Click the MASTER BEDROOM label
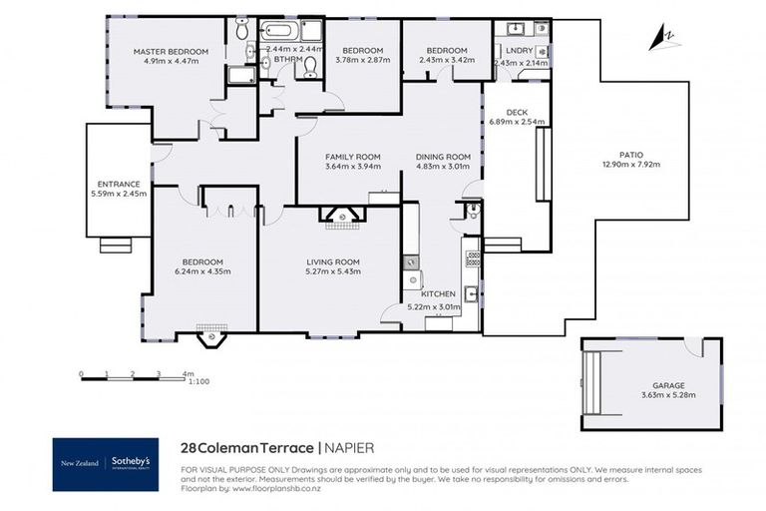[172, 52]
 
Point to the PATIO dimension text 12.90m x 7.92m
[629, 165]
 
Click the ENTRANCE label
[118, 183]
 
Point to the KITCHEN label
[438, 294]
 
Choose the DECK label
[517, 112]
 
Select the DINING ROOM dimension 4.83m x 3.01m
[443, 167]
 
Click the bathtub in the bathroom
[279, 31]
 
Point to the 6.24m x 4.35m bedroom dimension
[201, 271]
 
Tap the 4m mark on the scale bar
[187, 374]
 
